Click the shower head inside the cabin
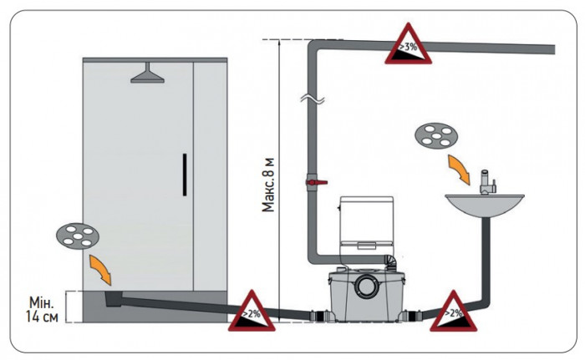pos(147,73)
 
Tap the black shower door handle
pos(185,175)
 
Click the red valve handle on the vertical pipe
pos(317,182)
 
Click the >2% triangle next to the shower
pos(252,311)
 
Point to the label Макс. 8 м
pos(268,185)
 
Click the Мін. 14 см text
pos(42,309)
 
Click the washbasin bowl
pos(485,206)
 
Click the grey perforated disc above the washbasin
pos(436,136)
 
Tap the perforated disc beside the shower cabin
pos(78,236)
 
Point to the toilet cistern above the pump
pos(366,224)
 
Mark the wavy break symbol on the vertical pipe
pos(313,99)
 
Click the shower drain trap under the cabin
pos(113,299)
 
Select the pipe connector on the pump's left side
pos(319,316)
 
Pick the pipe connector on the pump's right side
pos(414,316)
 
